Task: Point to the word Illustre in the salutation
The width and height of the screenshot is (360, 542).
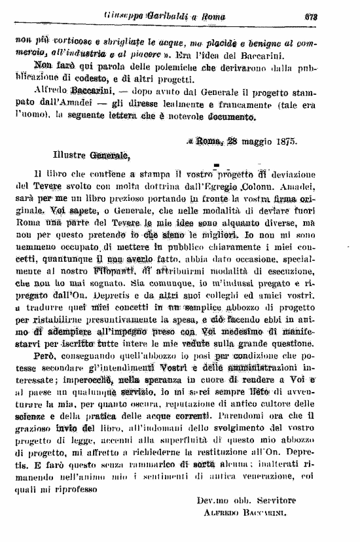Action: pos(72,155)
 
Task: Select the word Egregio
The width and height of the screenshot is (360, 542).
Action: pos(219,188)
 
